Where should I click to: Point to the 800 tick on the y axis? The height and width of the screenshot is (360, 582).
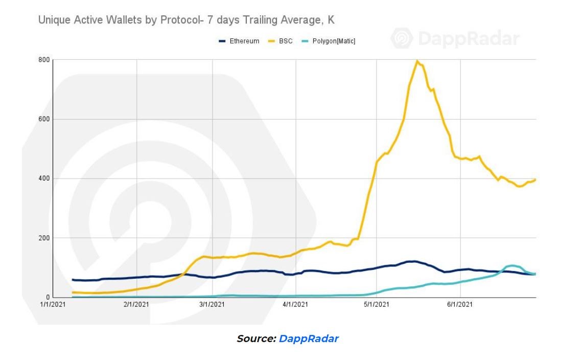[44, 60]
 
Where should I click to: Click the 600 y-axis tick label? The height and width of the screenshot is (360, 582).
[44, 119]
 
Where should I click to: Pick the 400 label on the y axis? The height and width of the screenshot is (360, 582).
[44, 178]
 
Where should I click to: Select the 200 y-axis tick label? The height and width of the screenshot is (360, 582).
[44, 238]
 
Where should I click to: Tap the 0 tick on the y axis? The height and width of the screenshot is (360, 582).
[48, 297]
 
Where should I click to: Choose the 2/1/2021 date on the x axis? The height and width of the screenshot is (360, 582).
[136, 305]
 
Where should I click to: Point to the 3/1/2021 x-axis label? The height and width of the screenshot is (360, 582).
[212, 305]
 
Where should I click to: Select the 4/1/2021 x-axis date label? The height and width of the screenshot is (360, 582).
[296, 305]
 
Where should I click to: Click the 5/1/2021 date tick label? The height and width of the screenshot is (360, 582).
[377, 305]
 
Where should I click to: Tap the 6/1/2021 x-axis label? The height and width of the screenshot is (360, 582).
[460, 305]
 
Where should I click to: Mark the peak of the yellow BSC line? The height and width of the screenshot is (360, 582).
[417, 61]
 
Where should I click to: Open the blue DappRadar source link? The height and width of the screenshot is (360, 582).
[309, 339]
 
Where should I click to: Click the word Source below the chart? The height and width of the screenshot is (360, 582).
[256, 339]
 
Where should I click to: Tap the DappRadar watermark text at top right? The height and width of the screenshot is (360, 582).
[468, 39]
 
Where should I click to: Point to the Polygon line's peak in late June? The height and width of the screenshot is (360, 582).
[511, 265]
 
